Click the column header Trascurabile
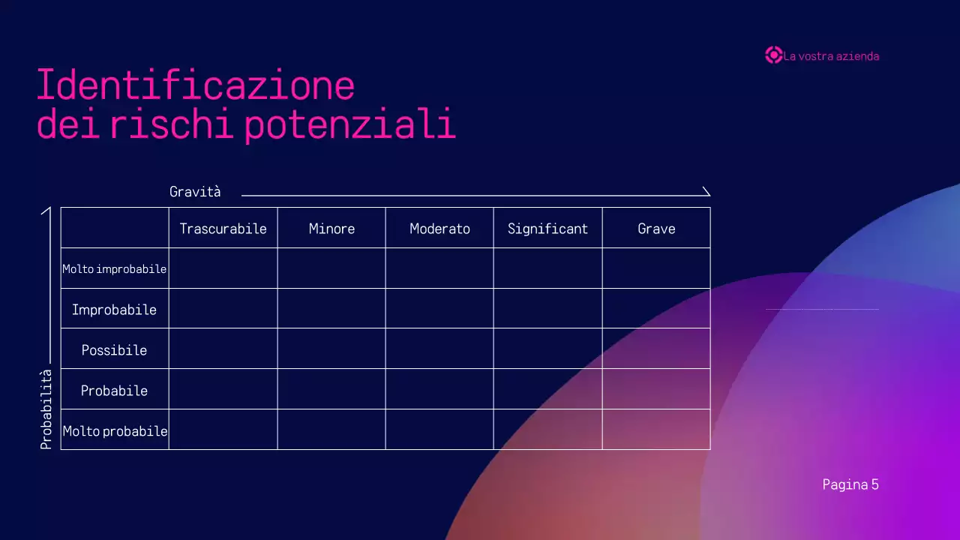[223, 229]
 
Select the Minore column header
[331, 229]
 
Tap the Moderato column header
[439, 229]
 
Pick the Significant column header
[547, 229]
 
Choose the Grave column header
[656, 229]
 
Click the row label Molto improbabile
[115, 269]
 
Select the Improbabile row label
[115, 310]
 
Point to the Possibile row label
[115, 350]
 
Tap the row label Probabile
[115, 391]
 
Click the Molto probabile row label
[115, 431]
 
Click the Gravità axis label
[195, 192]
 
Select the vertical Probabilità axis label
[46, 409]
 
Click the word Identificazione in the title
[195, 85]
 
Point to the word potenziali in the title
[350, 125]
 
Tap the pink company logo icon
[773, 55]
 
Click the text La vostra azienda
[831, 56]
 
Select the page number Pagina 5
[850, 484]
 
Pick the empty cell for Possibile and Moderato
[439, 349]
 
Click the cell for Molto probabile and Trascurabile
[223, 430]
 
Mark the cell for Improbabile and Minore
[331, 308]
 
